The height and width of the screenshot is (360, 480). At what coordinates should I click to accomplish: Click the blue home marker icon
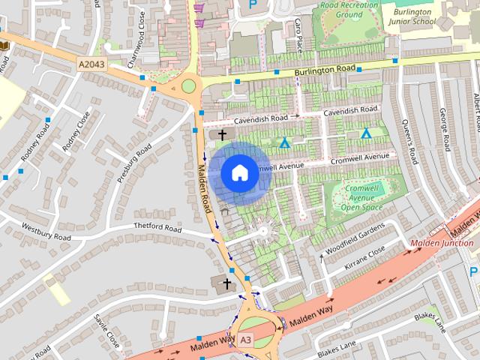point(238,172)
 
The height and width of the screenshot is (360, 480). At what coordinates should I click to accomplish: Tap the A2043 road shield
point(91,65)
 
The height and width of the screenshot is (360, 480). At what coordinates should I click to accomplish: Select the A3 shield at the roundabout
point(246,340)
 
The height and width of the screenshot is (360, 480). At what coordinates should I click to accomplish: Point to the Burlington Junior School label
point(411,16)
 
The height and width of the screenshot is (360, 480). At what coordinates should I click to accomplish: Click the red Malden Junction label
point(442,243)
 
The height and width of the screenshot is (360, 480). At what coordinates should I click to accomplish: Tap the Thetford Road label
point(157,228)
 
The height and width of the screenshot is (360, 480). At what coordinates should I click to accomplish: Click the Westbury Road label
point(46,232)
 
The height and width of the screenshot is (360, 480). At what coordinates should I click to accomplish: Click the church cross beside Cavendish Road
point(222,135)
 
